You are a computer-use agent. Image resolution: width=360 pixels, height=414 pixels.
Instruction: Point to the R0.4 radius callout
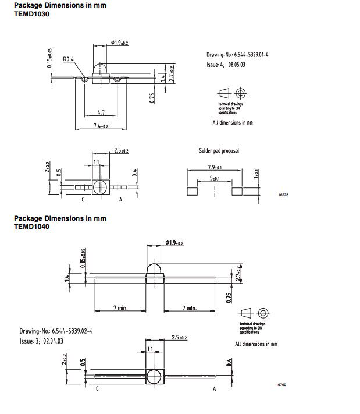pyautogui.click(x=68, y=59)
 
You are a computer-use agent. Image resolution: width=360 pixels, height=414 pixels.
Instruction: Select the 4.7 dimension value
pyautogui.click(x=101, y=111)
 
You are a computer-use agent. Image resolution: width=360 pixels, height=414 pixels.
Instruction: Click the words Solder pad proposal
pyautogui.click(x=219, y=151)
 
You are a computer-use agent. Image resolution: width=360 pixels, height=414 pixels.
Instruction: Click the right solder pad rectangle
pyautogui.click(x=236, y=190)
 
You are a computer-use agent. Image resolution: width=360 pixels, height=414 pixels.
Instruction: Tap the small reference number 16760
pyautogui.click(x=281, y=385)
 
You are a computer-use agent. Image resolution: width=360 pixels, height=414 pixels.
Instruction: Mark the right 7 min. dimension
pyautogui.click(x=188, y=307)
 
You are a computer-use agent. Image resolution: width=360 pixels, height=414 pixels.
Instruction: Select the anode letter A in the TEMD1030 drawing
pyautogui.click(x=120, y=200)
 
